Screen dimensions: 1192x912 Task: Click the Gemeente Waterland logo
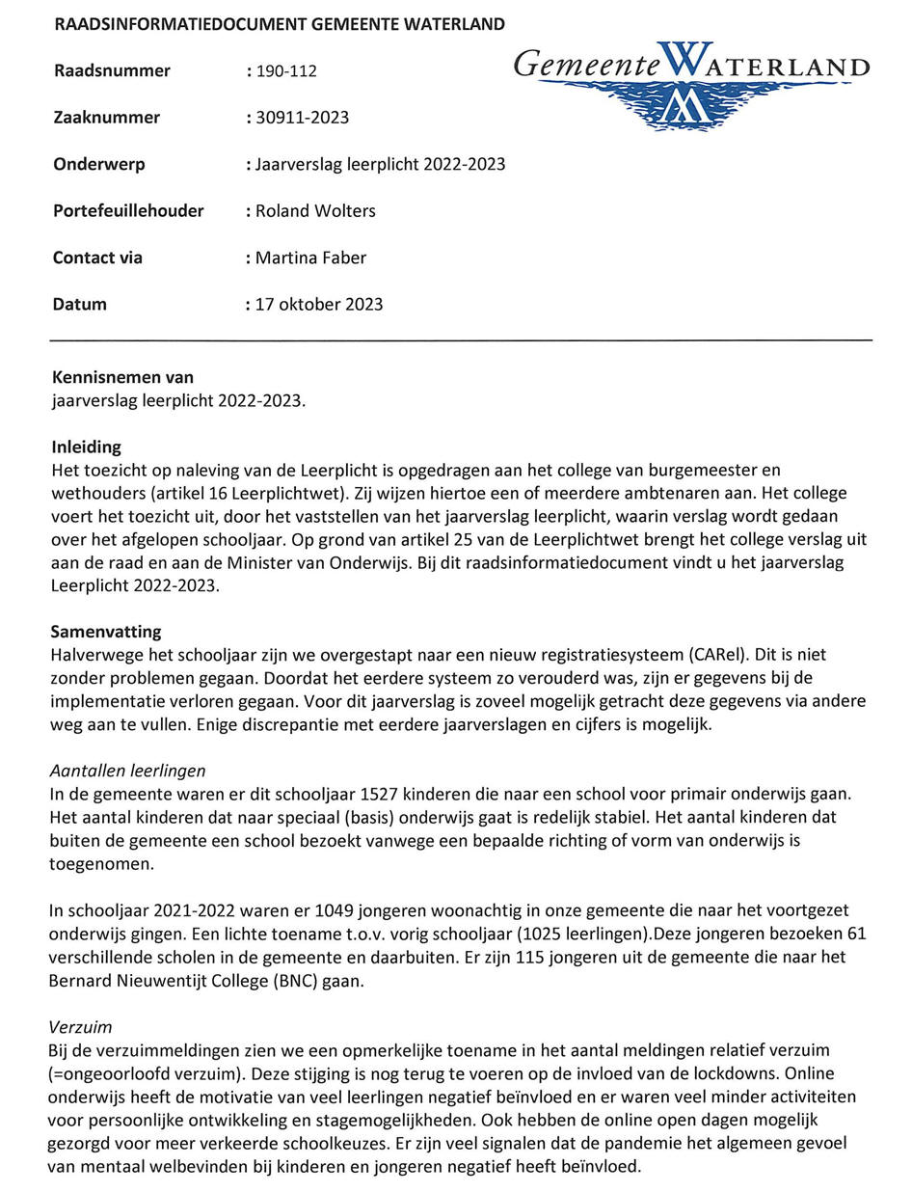click(x=691, y=84)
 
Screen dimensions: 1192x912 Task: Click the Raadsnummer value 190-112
click(x=286, y=71)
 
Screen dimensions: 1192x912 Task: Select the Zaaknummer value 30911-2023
click(x=302, y=118)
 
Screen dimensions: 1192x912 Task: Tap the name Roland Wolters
click(x=315, y=211)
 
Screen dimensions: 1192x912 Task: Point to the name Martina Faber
click(x=310, y=257)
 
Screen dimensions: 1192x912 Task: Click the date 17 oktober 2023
click(x=318, y=305)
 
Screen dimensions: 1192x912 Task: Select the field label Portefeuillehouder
click(x=128, y=211)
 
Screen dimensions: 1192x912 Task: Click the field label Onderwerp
click(x=99, y=164)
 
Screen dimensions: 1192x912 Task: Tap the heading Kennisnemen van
click(x=122, y=377)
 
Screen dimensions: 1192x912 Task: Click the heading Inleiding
click(x=87, y=447)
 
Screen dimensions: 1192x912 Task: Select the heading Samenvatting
click(x=106, y=633)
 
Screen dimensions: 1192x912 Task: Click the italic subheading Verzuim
click(x=80, y=1028)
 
